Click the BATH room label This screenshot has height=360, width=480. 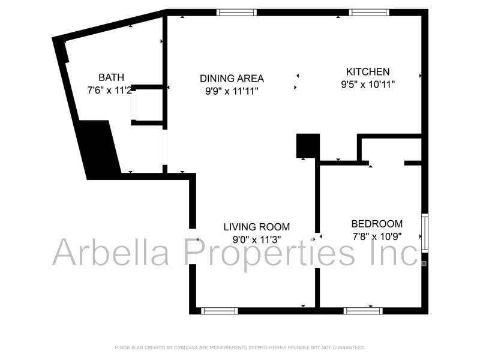click(111, 77)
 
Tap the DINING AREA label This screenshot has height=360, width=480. click(232, 78)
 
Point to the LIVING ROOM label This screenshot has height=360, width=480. click(256, 227)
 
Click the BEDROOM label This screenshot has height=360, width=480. click(377, 224)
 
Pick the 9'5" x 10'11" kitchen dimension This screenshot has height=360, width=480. click(368, 85)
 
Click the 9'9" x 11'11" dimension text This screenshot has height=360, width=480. click(232, 92)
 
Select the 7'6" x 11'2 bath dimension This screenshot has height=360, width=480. click(110, 90)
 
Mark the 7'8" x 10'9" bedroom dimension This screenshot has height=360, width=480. click(376, 236)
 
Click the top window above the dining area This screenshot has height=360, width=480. click(236, 12)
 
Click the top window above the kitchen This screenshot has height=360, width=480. click(369, 12)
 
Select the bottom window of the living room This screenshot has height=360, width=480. click(219, 311)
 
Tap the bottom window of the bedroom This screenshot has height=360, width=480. click(362, 311)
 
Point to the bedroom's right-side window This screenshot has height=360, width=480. click(425, 233)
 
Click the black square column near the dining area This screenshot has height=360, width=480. click(308, 146)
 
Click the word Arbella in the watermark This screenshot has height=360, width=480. click(113, 253)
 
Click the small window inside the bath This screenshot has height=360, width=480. click(134, 105)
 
